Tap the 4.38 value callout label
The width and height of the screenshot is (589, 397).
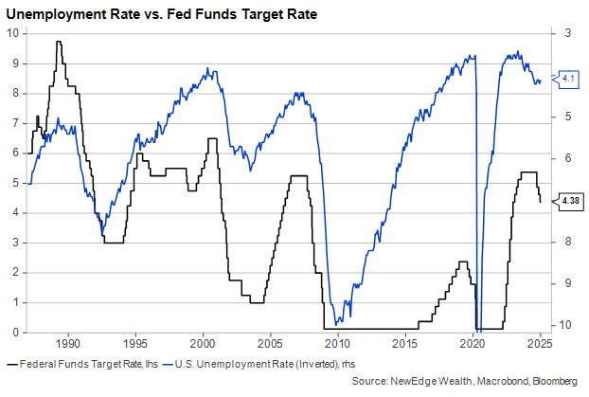coord(570,200)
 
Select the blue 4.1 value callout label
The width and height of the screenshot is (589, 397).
coord(569,79)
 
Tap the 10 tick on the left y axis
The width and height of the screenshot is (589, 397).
coord(12,33)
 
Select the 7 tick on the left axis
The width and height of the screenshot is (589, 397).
coord(15,123)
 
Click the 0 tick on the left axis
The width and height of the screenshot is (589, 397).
coord(15,333)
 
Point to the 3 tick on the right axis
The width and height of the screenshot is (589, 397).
coord(566,33)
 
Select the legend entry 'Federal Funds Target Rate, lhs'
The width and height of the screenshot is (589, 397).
coord(81,364)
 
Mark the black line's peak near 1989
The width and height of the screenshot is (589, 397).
coord(59,42)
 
